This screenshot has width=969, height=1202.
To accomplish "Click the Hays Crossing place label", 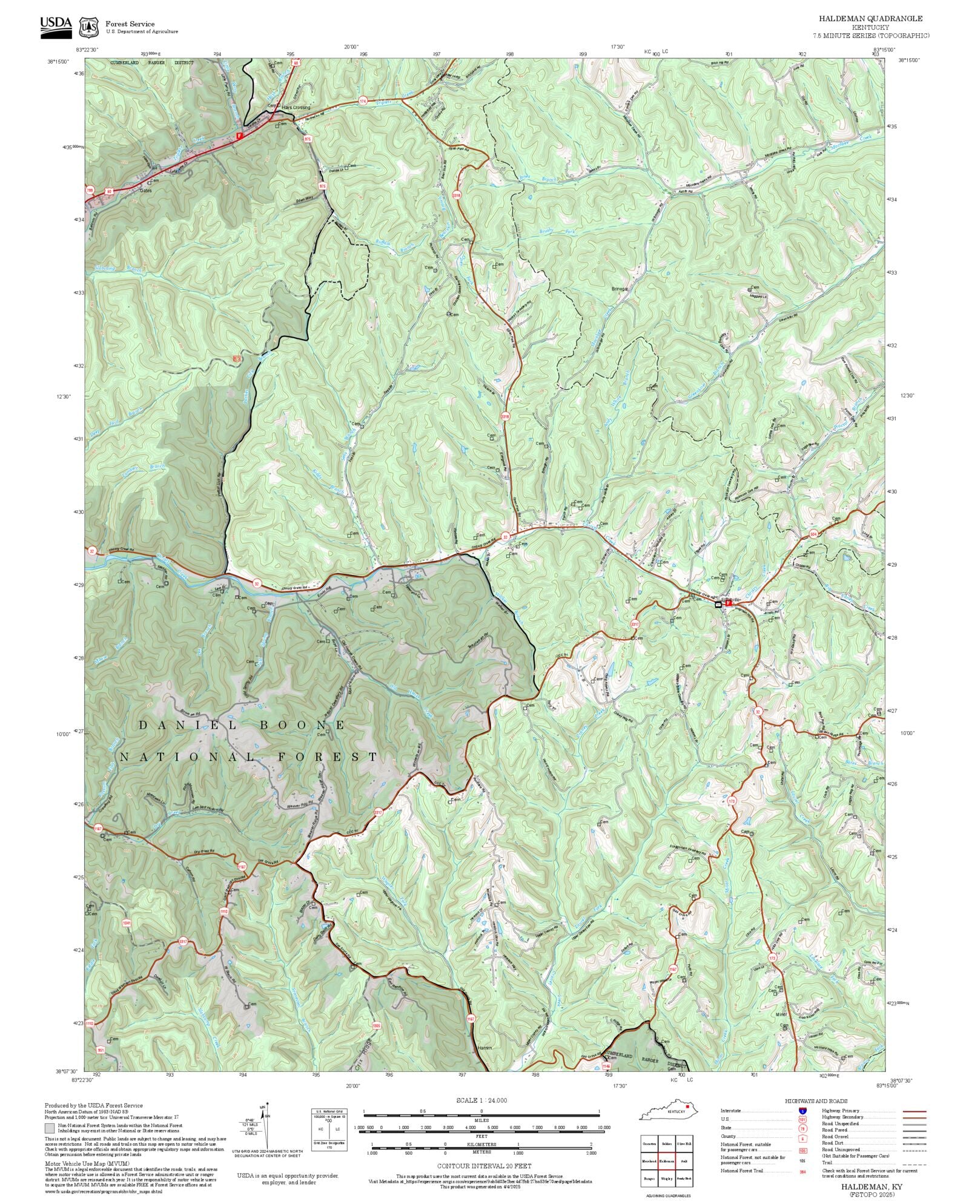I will [296, 108].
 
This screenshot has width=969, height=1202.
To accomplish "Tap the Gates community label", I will [146, 190].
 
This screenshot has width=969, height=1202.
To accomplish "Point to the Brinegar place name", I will [620, 289].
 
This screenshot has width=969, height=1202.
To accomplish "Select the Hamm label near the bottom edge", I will [484, 1048].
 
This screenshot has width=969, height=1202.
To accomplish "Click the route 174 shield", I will [363, 100].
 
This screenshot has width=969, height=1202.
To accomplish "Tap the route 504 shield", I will [813, 534].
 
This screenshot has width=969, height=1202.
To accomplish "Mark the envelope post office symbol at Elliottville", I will [718, 604].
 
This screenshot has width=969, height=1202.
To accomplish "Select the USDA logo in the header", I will [56, 27].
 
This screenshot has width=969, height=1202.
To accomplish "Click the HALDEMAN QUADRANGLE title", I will [871, 19].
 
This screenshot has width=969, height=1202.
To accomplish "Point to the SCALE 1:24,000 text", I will [481, 1100].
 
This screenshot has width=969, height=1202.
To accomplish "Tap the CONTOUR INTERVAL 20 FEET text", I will [484, 1166].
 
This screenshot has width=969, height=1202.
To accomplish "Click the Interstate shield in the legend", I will [802, 1111].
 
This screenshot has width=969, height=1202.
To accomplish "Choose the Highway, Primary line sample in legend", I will [914, 1111].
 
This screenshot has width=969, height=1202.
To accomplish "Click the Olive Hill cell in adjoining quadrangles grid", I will [684, 1143].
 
